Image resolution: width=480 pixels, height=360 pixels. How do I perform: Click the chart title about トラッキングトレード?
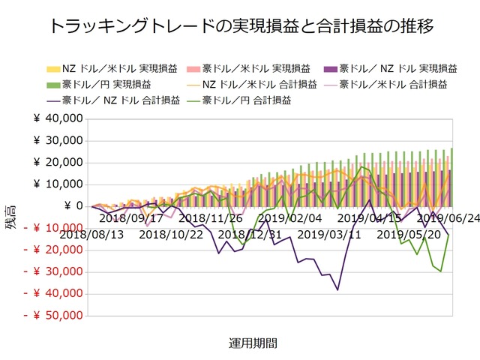coord(240,27)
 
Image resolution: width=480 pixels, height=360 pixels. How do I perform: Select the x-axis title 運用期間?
coord(253,343)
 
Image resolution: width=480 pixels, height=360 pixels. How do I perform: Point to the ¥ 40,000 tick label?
coord(58,118)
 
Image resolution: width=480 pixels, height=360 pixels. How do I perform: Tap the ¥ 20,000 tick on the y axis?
coord(58,162)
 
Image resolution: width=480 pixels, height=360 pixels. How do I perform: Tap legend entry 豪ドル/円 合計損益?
coord(255,100)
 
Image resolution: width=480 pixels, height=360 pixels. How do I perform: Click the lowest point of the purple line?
coord(337,289)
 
